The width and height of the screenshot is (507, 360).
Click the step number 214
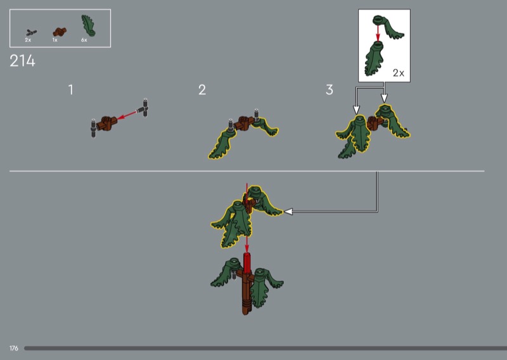coord(22,61)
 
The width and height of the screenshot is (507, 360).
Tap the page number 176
coord(14,348)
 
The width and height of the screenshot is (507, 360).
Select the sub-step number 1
coord(71,89)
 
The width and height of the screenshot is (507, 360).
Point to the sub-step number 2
coord(202,89)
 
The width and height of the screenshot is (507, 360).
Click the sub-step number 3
coord(330,89)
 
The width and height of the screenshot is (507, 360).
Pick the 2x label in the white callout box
coord(399,73)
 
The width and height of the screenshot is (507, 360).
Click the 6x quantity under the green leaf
coord(84,40)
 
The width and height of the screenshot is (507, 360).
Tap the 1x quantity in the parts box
coord(55,40)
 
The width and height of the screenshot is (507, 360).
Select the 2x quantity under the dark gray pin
coord(28,40)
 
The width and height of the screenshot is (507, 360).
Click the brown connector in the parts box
coord(60,32)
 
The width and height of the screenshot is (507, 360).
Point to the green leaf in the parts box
coord(88,25)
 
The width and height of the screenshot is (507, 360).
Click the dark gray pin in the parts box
coord(31,32)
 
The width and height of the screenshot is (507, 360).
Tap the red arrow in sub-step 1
coord(126,115)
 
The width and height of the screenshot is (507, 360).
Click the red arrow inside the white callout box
coord(378,34)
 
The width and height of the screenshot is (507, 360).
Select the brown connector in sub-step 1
coord(106,123)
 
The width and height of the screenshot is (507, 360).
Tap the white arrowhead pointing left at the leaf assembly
coord(288,212)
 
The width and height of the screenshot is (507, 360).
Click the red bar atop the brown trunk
coord(247,263)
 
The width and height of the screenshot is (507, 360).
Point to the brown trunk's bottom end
coord(247,312)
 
